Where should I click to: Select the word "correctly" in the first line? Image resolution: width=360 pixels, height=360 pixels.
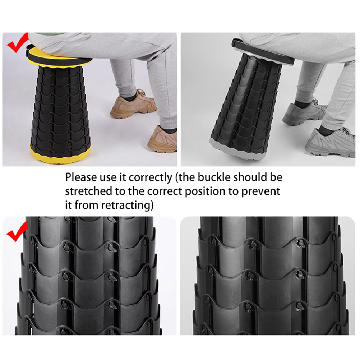tap(150, 178)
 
